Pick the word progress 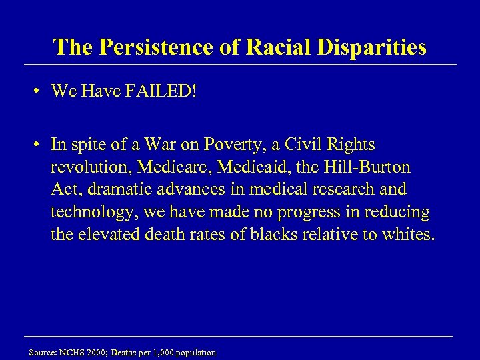[x=295, y=213]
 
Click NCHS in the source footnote [x=70, y=352]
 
